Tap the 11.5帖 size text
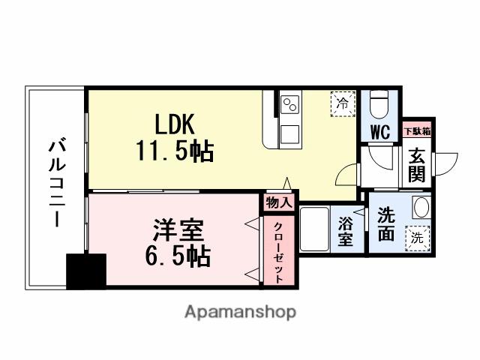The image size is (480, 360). coord(175,152)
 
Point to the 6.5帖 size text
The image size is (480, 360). coord(177,256)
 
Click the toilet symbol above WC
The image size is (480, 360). coord(379,104)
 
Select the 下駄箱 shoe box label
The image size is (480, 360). coord(417,131)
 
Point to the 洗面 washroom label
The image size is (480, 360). coord(386,224)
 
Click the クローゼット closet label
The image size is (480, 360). coord(277,252)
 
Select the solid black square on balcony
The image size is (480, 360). coord(86,271)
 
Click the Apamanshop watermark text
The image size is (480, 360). coord(240,311)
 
